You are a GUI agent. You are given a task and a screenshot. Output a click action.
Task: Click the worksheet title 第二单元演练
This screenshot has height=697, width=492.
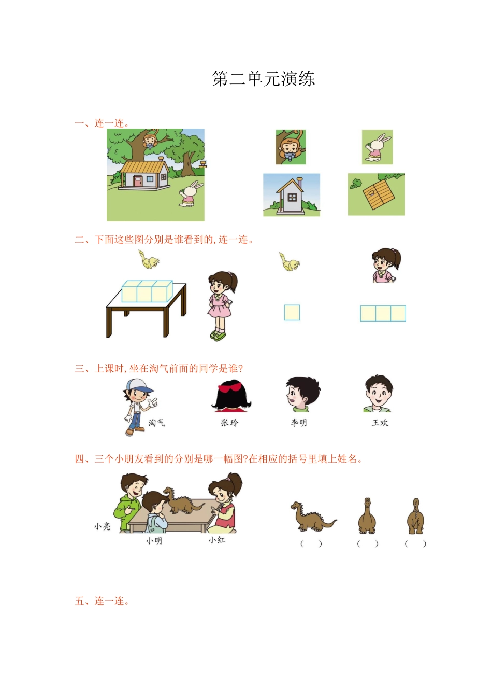(263, 78)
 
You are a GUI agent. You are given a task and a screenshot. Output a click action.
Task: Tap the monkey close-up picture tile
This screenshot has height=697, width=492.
(291, 147)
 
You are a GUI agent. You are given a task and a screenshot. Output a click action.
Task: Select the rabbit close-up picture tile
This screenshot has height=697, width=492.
(377, 147)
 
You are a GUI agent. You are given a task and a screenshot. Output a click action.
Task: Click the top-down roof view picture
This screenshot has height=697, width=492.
(376, 194)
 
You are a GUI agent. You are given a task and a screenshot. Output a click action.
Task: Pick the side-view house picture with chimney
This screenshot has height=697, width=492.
(292, 195)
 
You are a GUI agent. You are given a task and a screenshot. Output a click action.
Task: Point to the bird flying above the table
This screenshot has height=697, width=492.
(149, 259)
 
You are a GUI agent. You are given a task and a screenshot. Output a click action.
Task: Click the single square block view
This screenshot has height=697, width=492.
(292, 312)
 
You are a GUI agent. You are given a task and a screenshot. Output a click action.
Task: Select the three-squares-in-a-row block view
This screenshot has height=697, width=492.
(383, 313)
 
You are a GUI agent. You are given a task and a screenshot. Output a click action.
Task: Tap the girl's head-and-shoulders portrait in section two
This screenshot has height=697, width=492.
(386, 265)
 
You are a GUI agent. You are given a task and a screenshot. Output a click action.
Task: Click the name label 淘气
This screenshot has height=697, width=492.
(156, 422)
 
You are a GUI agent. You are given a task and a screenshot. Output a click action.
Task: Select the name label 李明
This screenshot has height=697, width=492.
(299, 422)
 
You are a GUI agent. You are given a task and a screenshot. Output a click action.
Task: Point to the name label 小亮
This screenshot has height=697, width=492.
(102, 526)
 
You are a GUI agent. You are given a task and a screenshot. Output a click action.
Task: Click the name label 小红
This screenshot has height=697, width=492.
(217, 539)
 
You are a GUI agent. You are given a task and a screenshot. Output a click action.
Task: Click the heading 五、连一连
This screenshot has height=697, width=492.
(102, 601)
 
